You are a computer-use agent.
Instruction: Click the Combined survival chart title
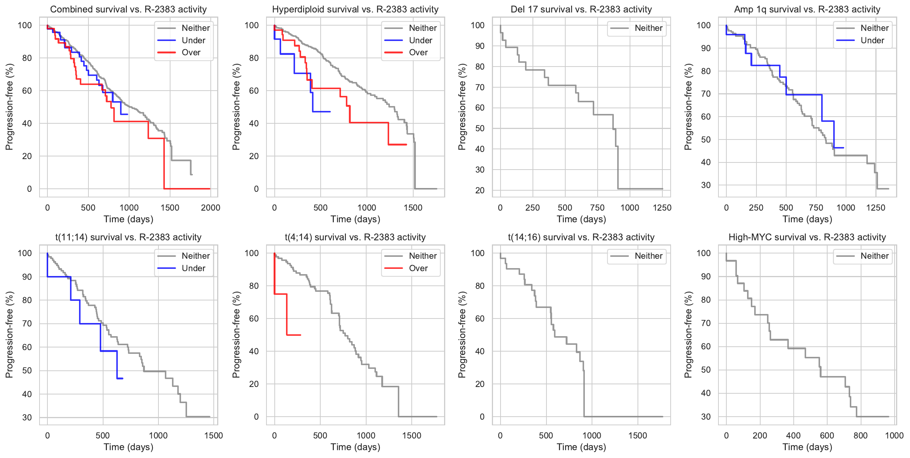pyautogui.click(x=128, y=9)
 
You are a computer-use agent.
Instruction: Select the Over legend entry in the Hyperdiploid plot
pyautogui.click(x=418, y=53)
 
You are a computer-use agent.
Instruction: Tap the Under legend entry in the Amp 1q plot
pyautogui.click(x=872, y=41)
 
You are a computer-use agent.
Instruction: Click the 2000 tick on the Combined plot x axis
pyautogui.click(x=210, y=208)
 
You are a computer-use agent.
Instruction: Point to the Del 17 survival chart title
pyautogui.click(x=581, y=9)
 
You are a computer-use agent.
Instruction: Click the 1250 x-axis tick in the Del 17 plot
pyautogui.click(x=662, y=208)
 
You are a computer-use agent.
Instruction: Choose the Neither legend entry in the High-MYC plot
pyautogui.click(x=874, y=256)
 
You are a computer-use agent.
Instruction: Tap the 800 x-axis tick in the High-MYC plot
pyautogui.click(x=860, y=435)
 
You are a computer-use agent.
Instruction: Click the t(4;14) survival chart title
pyautogui.click(x=355, y=237)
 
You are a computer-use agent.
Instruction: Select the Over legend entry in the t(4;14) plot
pyautogui.click(x=418, y=268)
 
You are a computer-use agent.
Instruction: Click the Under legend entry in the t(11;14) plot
pyautogui.click(x=193, y=268)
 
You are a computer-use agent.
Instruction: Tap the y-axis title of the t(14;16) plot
pyautogui.click(x=462, y=335)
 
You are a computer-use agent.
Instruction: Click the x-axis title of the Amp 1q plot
pyautogui.click(x=807, y=219)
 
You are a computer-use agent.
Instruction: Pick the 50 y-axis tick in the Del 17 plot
pyautogui.click(x=479, y=129)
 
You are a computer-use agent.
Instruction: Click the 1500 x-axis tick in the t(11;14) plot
pyautogui.click(x=213, y=435)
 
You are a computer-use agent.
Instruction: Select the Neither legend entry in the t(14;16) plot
pyautogui.click(x=648, y=256)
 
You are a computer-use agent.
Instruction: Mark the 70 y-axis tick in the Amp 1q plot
pyautogui.click(x=706, y=94)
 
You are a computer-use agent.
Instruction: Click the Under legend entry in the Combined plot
pyautogui.click(x=193, y=41)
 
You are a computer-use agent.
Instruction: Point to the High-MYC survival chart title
pyautogui.click(x=807, y=237)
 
